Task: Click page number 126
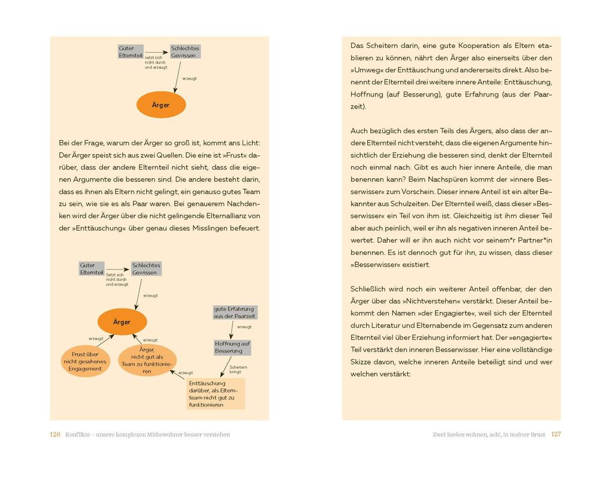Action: [55, 435]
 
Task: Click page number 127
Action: [556, 435]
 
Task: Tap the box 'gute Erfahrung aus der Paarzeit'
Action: [234, 312]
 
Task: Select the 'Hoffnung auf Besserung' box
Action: [232, 347]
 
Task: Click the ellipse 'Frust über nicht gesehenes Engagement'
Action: [85, 362]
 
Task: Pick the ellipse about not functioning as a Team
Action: [147, 360]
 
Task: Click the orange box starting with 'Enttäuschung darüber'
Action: [215, 394]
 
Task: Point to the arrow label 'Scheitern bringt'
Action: [238, 370]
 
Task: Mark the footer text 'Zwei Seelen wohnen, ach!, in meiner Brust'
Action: [488, 435]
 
